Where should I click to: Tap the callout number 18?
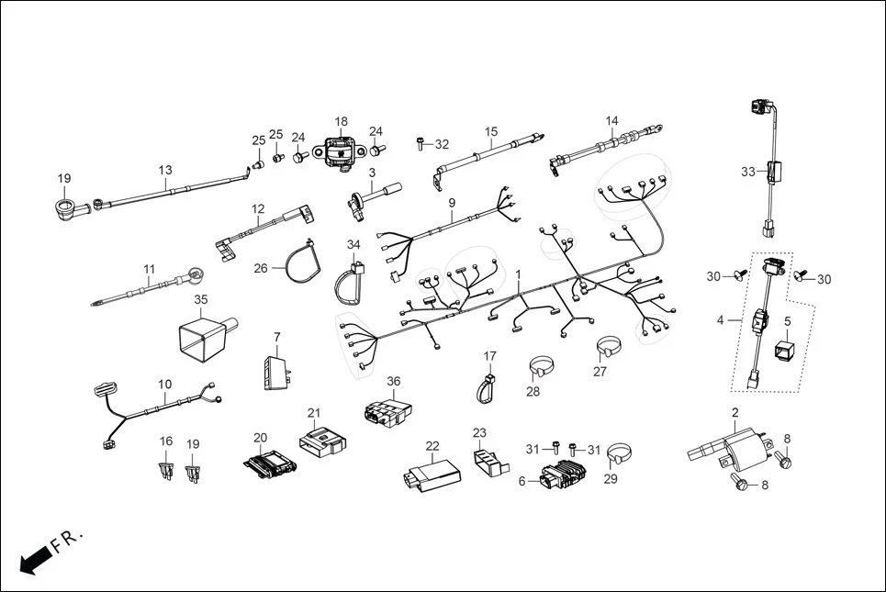pos(341,121)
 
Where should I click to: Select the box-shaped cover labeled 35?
pos(205,338)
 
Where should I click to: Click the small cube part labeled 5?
pos(786,350)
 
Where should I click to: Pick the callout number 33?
pos(747,171)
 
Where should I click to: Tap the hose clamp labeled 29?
pos(622,454)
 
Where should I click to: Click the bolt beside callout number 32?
pos(420,143)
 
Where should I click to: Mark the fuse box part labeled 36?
pos(384,413)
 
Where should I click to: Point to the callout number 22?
pos(432,446)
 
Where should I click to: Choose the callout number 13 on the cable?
pos(165,170)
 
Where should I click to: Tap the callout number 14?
pos(611,121)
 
